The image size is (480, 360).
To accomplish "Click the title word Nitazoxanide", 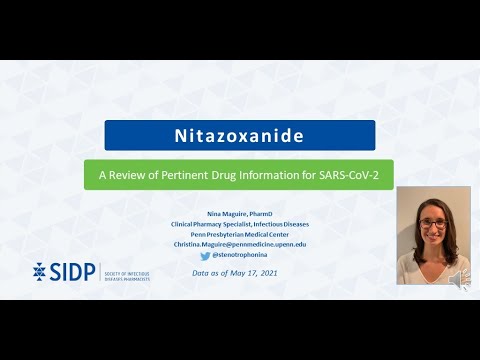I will point(239,135).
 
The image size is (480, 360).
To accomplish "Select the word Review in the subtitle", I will point(136,173).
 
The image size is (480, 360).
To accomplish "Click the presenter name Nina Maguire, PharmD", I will point(239,213).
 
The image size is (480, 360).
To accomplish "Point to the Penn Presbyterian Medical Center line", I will point(239,233).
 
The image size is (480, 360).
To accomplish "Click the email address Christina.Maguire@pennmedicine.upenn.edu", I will point(239,243).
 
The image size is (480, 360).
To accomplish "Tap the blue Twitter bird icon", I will point(205,255).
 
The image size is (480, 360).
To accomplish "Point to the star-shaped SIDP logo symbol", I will point(40,271).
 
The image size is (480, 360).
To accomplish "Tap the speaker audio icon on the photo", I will point(459,280).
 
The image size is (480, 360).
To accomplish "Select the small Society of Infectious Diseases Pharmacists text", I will point(128,272).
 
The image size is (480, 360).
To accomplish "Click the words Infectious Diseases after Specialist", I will point(285,223).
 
